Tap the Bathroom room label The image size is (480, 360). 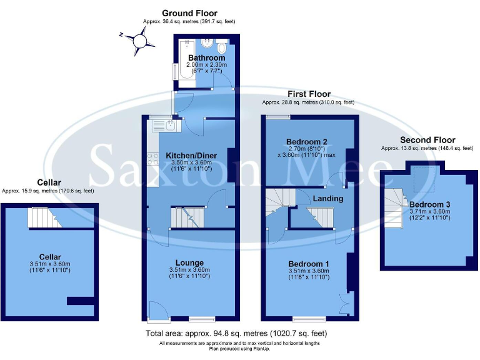tap(206, 58)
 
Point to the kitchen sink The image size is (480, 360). tap(166, 126)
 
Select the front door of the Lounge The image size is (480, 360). tap(159, 311)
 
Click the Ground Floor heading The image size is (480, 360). tap(189, 13)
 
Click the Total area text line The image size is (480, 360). tap(236, 333)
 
